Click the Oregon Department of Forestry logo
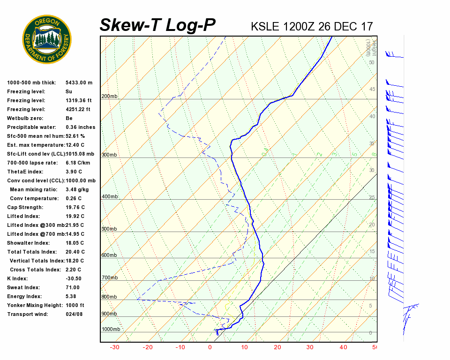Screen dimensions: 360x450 coord(47,39)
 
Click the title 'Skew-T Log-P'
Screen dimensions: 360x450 coord(157,25)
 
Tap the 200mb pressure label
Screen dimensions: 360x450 coord(109,97)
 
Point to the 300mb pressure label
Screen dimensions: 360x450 coord(109,155)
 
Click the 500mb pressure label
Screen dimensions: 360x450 coord(109,229)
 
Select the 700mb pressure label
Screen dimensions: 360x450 coord(109,278)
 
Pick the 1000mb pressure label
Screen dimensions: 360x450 coord(111,330)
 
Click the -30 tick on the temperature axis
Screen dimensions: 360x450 coord(114,347)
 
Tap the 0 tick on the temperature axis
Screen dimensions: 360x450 coord(210,347)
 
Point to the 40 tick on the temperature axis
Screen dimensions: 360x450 coord(344,347)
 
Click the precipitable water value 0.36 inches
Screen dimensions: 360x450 coord(80,127)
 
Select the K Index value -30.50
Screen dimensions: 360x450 coord(74,278)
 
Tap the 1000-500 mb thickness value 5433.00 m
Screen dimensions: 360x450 coord(79,82)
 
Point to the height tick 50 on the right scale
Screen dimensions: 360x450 coord(371,62)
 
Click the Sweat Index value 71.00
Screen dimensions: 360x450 coord(73,287)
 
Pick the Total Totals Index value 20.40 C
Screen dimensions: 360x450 coord(75,252)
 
